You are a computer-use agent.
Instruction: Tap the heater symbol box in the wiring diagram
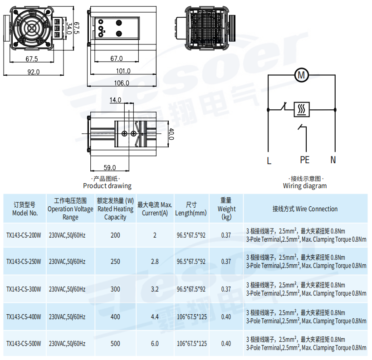coord(302,109)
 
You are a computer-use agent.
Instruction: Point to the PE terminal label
coord(304,160)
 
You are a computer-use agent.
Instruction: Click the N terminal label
coord(333,160)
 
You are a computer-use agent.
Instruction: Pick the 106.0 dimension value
coord(121,83)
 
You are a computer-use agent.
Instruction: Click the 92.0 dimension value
coord(34,72)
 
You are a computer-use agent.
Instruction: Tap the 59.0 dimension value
coord(110,167)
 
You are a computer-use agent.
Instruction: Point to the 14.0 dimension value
coord(115,100)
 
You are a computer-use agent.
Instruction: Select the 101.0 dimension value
coord(123,71)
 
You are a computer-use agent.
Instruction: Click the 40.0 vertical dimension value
coord(171,134)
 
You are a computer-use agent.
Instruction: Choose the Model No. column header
coord(25,209)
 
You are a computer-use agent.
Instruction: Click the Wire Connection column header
coord(305,209)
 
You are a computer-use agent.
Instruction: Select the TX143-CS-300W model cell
coord(24,289)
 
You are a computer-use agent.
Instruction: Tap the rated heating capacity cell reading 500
coord(115,344)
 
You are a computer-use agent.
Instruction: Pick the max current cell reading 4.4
coord(155,316)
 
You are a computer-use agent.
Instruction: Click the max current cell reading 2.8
coord(155,262)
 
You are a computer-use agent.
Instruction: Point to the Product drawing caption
coord(107,186)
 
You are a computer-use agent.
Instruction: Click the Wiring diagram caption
coord(304,186)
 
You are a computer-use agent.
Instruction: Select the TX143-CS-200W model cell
coord(24,235)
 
